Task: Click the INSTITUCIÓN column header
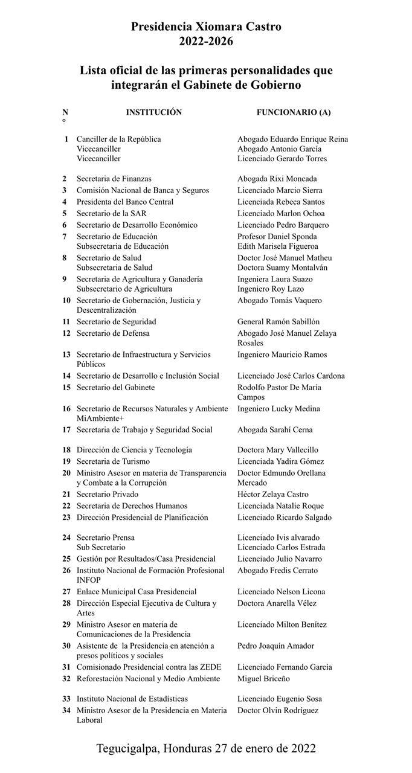(x=153, y=112)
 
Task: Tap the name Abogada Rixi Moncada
(x=277, y=179)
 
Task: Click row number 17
(x=66, y=430)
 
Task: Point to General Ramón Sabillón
(x=278, y=322)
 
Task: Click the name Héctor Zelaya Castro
(x=272, y=495)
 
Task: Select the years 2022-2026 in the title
(x=206, y=42)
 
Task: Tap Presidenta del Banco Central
(x=125, y=202)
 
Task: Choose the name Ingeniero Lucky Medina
(x=278, y=409)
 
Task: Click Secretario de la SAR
(x=112, y=213)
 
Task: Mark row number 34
(x=66, y=710)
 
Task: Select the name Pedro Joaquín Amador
(x=275, y=646)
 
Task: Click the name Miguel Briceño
(x=263, y=679)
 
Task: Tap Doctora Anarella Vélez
(x=277, y=603)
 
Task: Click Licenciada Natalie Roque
(x=280, y=506)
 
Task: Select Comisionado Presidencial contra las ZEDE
(x=149, y=667)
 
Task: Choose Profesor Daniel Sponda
(x=277, y=237)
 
